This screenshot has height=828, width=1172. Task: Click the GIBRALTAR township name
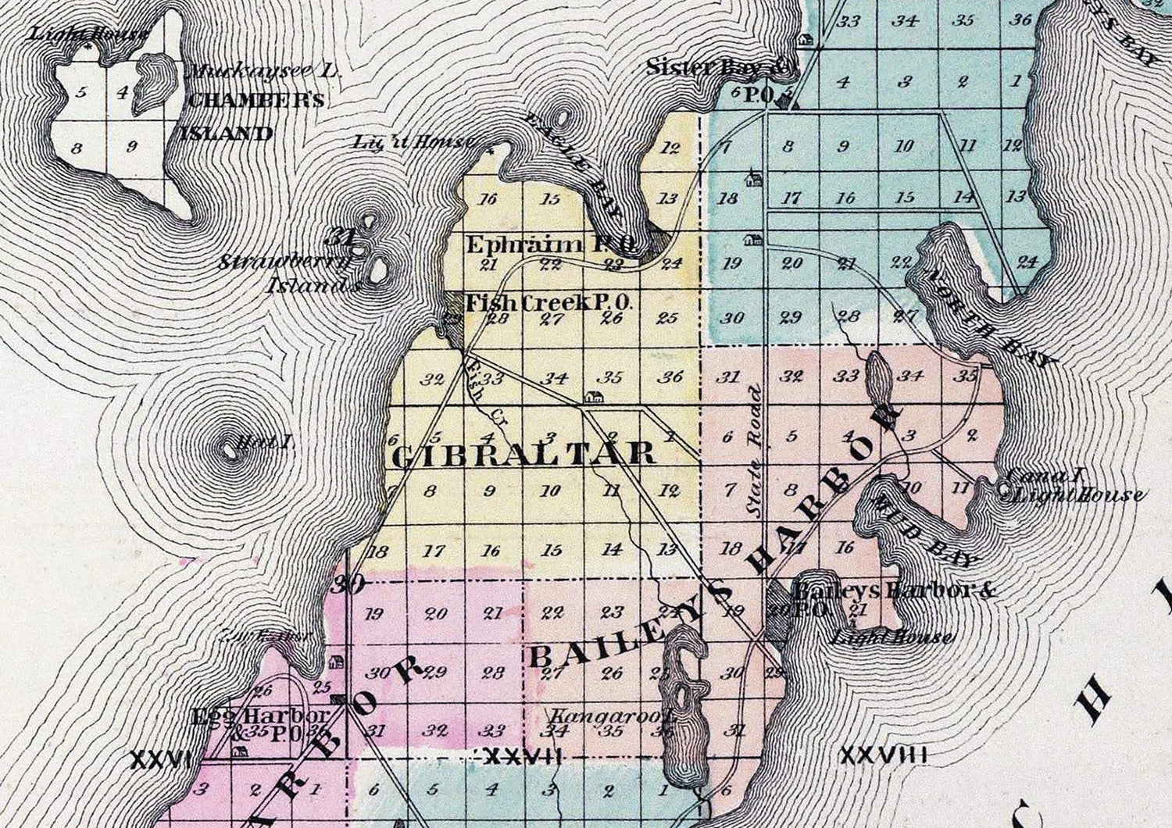(x=522, y=454)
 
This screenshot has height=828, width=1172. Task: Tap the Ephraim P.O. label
(x=552, y=245)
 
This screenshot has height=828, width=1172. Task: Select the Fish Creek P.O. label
(x=548, y=302)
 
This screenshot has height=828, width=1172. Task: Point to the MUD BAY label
(x=926, y=528)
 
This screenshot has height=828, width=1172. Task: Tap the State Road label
(x=754, y=450)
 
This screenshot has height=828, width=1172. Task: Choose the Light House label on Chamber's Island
(x=88, y=34)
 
